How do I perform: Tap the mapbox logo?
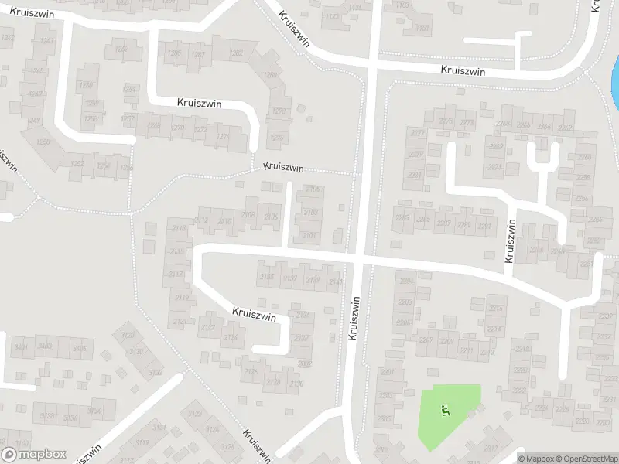[x=33, y=455]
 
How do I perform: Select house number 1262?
[x=236, y=53]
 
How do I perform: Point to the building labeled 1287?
[x=199, y=55]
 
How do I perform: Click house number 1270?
[x=178, y=127]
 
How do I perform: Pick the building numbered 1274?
[x=222, y=138]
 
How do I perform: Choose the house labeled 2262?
[x=566, y=127]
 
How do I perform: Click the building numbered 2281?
[x=416, y=176]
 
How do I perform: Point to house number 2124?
[x=231, y=338]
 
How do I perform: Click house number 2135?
[x=268, y=278]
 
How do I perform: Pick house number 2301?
[x=387, y=373]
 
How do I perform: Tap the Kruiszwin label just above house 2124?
[x=255, y=313]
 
